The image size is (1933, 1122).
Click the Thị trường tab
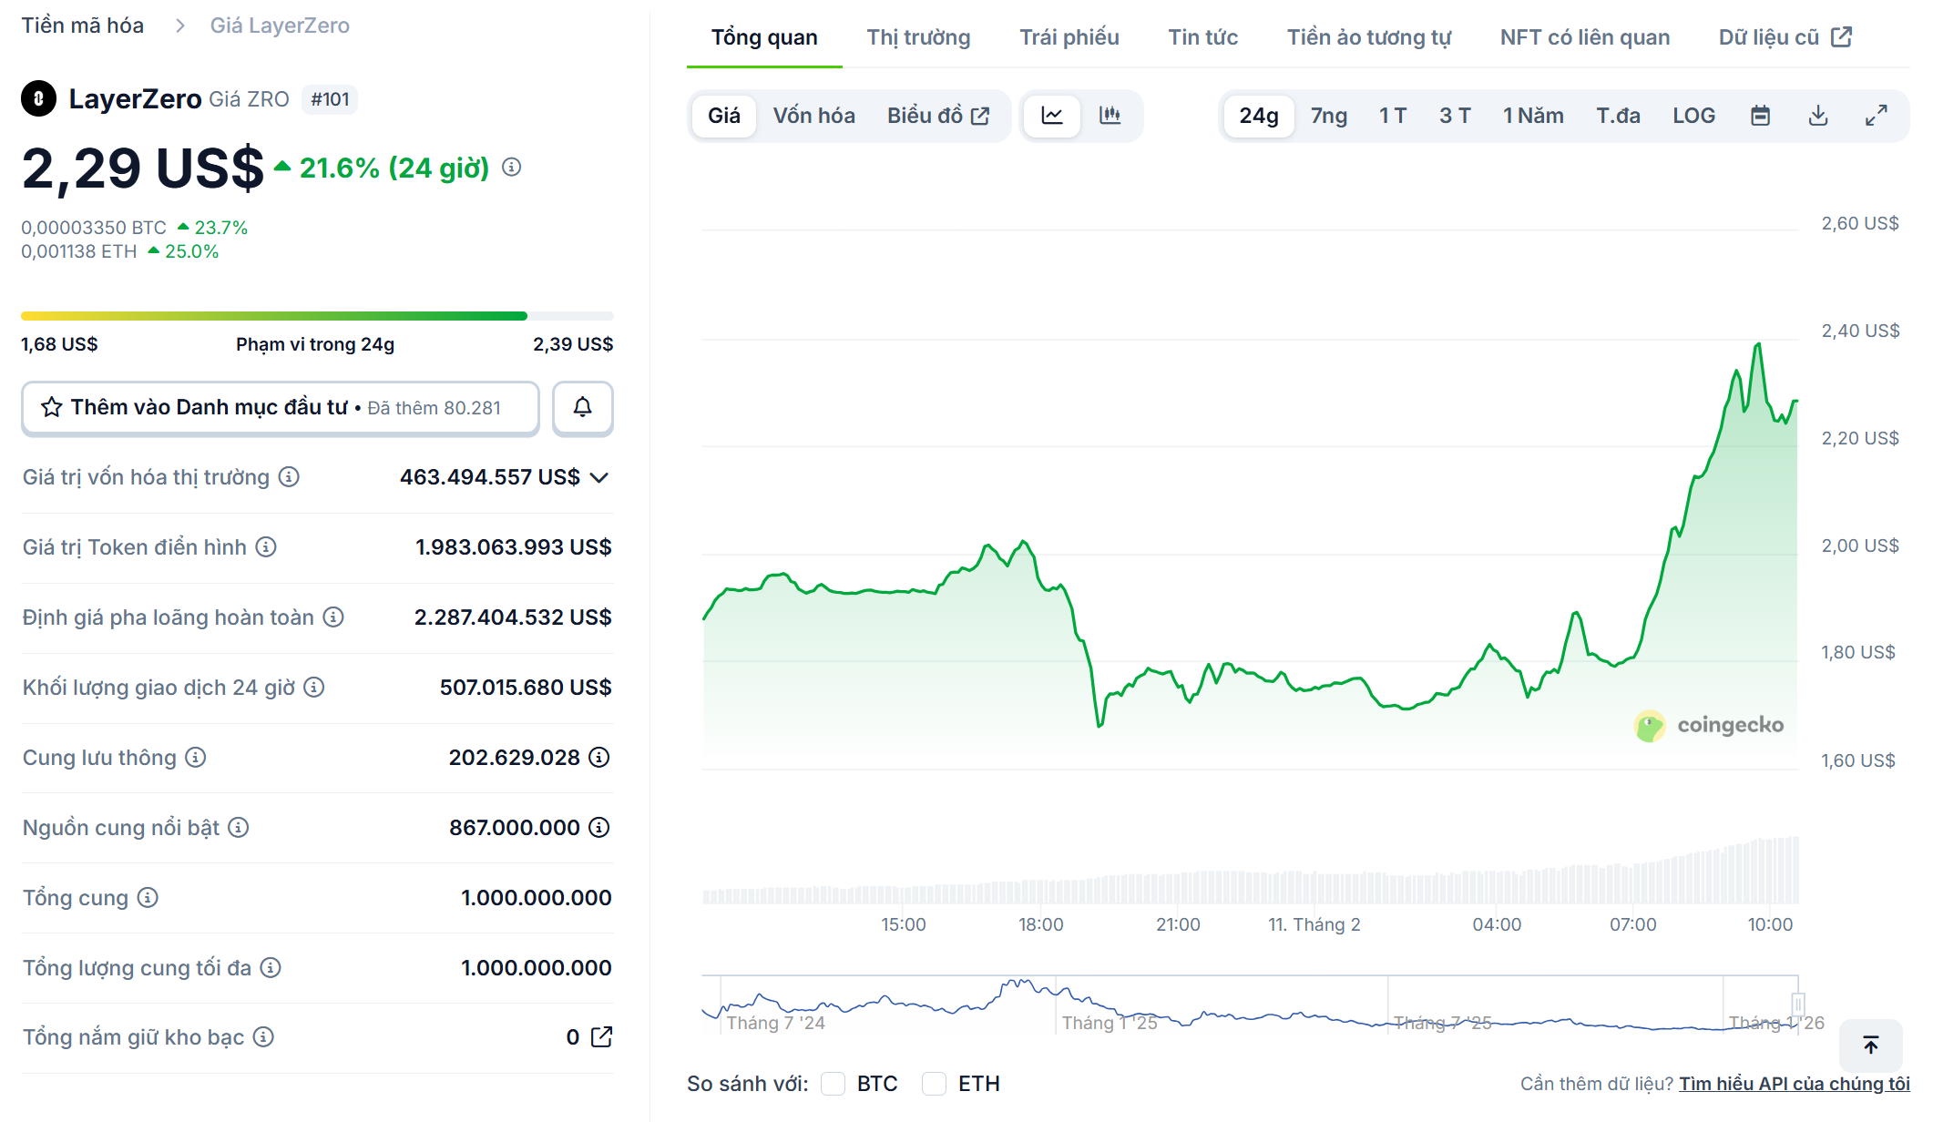[918, 37]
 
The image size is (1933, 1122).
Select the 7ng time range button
[1329, 116]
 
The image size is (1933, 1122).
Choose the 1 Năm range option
[1533, 116]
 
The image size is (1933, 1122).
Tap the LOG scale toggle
[1693, 116]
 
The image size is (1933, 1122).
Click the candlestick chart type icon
[1110, 116]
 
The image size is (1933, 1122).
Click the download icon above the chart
[1818, 116]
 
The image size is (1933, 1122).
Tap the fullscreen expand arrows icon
[1876, 116]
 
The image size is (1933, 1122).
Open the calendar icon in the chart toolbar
[1761, 116]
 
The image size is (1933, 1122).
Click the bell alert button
[583, 407]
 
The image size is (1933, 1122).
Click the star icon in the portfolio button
[52, 407]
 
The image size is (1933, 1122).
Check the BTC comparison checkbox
[833, 1083]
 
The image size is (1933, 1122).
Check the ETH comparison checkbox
[934, 1083]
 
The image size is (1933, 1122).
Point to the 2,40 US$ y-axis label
[1860, 331]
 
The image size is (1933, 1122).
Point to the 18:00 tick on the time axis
[1040, 924]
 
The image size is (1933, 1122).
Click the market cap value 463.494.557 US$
[490, 477]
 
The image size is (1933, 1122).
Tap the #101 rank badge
[330, 99]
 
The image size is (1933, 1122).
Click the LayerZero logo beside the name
[39, 98]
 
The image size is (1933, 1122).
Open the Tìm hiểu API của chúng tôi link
[1795, 1084]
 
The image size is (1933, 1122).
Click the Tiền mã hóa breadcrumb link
[83, 25]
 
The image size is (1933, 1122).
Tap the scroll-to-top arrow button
[1871, 1045]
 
